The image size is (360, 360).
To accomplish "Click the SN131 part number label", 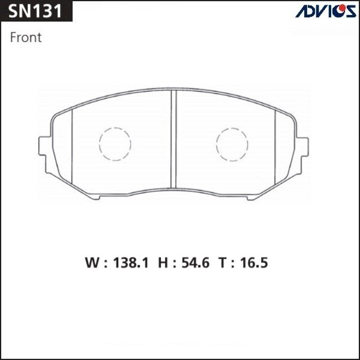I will pyautogui.click(x=35, y=11).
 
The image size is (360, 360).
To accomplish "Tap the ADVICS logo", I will pyautogui.click(x=325, y=11).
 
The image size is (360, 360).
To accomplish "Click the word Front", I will pyautogui.click(x=26, y=37).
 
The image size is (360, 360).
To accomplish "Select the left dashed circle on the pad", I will pyautogui.click(x=114, y=145).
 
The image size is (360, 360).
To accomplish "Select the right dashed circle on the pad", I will pyautogui.click(x=232, y=145).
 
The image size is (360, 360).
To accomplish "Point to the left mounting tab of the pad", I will pyautogui.click(x=44, y=147).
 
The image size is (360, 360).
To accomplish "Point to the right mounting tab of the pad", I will pyautogui.click(x=306, y=147).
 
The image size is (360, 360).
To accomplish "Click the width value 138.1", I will pyautogui.click(x=130, y=263).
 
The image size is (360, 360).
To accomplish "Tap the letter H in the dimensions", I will pyautogui.click(x=163, y=263).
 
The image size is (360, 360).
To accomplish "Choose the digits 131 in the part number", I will pyautogui.click(x=47, y=11).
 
